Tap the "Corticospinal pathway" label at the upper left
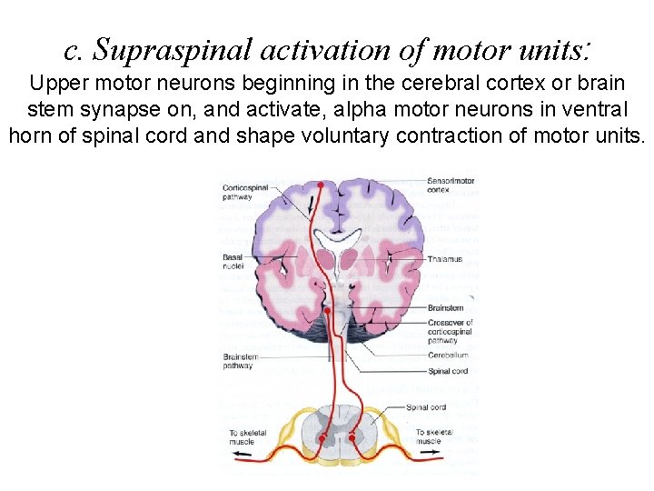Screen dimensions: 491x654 [246, 192]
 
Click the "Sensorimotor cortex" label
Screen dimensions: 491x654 [451, 185]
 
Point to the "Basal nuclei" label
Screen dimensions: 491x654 [233, 263]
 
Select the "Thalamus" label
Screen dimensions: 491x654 [445, 259]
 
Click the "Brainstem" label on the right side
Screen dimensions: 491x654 [446, 308]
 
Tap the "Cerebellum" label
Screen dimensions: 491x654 [449, 356]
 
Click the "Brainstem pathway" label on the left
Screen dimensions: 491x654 [238, 362]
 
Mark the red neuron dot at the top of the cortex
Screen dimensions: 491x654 [319, 185]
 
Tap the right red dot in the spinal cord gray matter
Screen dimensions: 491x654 [351, 437]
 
